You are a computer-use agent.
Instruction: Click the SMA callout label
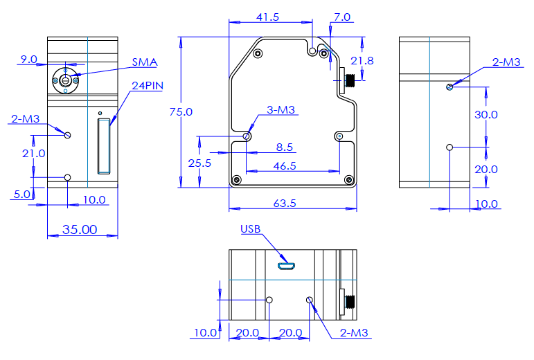(145, 62)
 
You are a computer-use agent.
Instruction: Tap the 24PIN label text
(148, 86)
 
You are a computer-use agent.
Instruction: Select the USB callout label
(250, 229)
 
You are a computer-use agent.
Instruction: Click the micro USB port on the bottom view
(287, 266)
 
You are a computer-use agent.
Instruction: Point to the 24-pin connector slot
(104, 146)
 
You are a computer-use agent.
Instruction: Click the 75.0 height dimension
(181, 112)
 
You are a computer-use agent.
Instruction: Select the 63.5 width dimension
(285, 204)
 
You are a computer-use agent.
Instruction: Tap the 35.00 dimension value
(80, 230)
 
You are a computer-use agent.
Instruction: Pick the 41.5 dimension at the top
(267, 17)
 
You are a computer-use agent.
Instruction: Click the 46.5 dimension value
(285, 166)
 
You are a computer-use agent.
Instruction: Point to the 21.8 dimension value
(362, 61)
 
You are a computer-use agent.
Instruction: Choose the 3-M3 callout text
(281, 110)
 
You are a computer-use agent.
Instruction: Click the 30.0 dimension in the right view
(486, 115)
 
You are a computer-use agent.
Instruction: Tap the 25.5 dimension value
(199, 163)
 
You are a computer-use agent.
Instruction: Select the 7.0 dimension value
(342, 17)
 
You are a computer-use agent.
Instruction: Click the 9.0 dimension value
(28, 60)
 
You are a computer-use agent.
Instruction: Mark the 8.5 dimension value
(285, 147)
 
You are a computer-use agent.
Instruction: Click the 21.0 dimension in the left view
(34, 154)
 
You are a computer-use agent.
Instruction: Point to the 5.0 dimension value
(21, 195)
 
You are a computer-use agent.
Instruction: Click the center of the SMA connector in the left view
(65, 80)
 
